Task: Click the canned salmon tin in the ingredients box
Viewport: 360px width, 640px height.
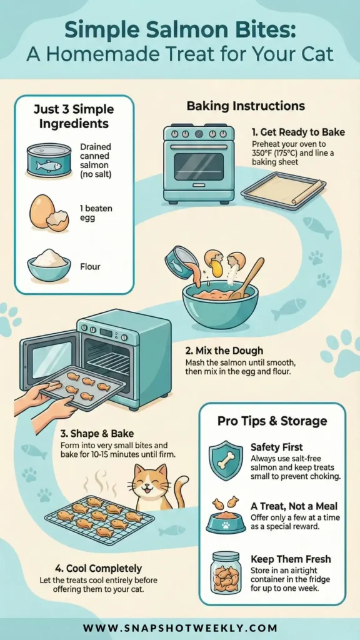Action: pos(49,160)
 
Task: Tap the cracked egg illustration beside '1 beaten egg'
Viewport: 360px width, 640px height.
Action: pos(48,212)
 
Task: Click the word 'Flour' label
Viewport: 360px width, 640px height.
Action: pos(90,267)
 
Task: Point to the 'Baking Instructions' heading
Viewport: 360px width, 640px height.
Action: pos(246,106)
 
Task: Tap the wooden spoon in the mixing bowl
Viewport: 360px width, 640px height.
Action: pos(247,277)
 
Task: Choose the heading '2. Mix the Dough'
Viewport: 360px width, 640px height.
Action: pos(224,351)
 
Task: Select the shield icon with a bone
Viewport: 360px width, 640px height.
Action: pos(225,460)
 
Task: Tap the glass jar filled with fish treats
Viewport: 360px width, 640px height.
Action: pos(226,572)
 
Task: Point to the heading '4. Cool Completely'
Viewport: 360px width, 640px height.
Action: pos(98,568)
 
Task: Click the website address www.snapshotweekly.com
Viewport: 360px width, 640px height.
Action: pos(180,627)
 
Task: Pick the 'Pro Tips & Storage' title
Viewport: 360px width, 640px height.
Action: pos(272,421)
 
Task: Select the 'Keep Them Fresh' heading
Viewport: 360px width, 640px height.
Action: pos(291,559)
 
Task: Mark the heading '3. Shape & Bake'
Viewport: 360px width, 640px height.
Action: pos(97,433)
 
